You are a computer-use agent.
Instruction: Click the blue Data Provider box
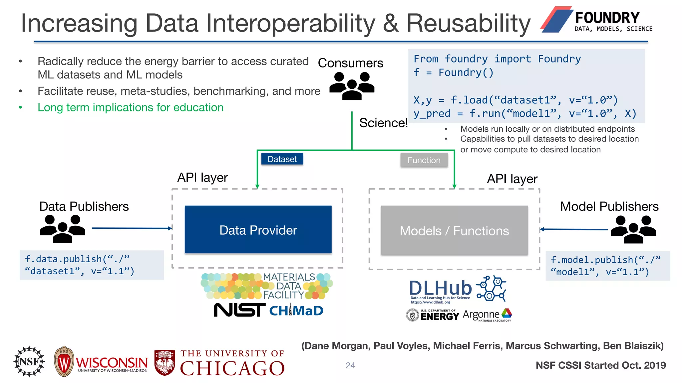click(x=258, y=230)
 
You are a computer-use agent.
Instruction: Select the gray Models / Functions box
click(x=454, y=231)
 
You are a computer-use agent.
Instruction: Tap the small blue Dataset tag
click(x=282, y=159)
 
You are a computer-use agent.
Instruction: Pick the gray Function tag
click(x=424, y=160)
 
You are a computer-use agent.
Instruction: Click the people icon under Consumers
click(x=352, y=86)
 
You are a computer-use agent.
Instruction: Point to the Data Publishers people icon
click(x=62, y=228)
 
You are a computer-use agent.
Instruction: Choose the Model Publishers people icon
click(x=633, y=229)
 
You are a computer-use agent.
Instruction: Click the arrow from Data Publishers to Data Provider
click(x=132, y=228)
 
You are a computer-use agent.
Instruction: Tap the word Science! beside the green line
click(x=383, y=123)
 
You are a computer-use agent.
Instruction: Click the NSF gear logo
click(x=29, y=361)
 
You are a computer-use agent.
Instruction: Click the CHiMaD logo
click(x=296, y=311)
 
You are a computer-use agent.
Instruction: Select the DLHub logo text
click(x=440, y=288)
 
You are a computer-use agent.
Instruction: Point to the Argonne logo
click(x=487, y=315)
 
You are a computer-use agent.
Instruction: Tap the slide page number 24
click(x=350, y=365)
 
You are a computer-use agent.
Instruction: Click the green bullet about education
click(x=130, y=107)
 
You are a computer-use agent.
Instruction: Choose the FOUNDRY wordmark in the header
click(x=607, y=18)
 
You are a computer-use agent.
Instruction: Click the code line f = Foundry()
click(x=453, y=72)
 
